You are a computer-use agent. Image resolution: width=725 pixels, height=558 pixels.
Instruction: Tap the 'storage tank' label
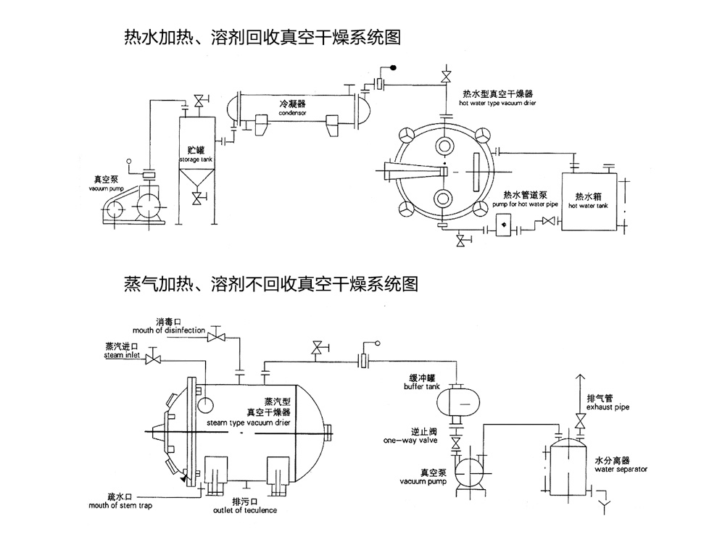tap(194, 159)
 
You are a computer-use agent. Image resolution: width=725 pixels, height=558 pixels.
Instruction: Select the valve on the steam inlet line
tap(153, 360)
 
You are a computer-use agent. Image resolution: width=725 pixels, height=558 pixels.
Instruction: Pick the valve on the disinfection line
tap(215, 337)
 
